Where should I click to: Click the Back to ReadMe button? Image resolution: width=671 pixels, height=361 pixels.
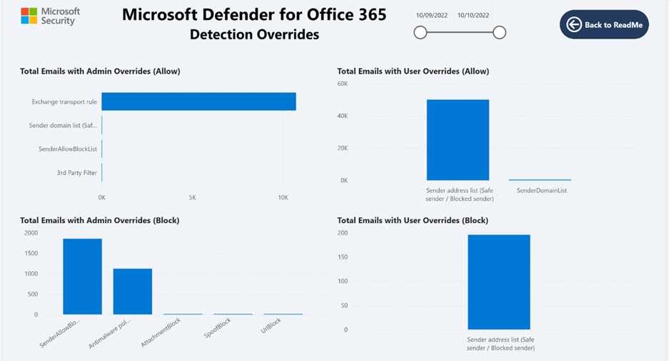click(604, 25)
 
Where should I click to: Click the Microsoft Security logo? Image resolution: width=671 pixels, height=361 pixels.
click(51, 16)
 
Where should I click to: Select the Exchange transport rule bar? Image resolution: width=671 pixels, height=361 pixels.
click(198, 102)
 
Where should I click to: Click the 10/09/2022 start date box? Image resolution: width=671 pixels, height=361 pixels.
click(430, 15)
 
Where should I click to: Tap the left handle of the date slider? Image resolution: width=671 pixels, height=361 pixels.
click(420, 32)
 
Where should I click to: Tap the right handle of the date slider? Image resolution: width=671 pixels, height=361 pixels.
click(500, 32)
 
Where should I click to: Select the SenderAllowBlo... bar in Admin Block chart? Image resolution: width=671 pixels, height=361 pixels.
click(82, 276)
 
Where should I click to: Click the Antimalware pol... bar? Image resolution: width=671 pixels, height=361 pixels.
click(132, 291)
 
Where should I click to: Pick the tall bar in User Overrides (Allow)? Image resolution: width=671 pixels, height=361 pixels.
click(458, 139)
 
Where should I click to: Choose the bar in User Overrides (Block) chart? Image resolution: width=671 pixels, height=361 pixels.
click(499, 282)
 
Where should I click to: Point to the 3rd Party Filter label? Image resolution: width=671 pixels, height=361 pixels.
click(77, 172)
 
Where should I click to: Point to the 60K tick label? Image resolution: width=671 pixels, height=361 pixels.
click(342, 84)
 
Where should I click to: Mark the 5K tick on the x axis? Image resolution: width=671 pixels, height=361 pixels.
click(193, 197)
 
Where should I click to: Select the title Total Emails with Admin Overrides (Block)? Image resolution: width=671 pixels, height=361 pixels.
click(99, 220)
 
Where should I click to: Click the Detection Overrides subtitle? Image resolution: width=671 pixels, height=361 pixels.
click(254, 34)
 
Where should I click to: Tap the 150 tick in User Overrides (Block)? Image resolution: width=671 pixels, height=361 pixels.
click(343, 257)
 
